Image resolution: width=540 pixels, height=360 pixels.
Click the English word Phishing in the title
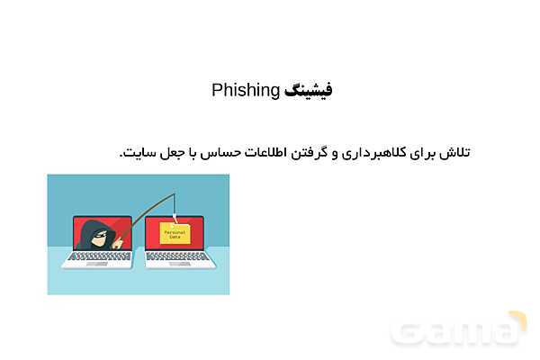246,90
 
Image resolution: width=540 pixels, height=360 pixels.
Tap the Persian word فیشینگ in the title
309,90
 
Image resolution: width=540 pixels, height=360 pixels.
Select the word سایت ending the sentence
135,152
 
